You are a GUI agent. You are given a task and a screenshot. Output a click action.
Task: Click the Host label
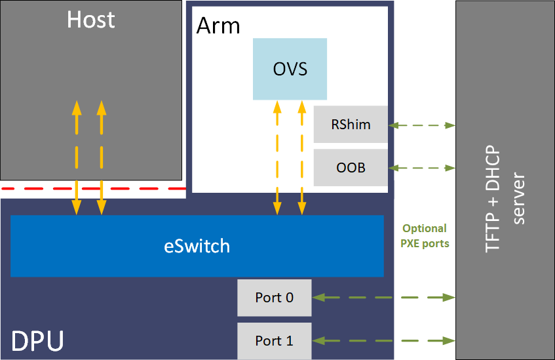tap(90, 20)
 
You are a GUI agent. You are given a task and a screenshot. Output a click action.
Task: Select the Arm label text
tap(218, 26)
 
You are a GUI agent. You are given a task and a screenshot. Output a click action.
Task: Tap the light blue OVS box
tap(290, 69)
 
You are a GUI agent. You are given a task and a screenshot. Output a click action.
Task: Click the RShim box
tap(351, 125)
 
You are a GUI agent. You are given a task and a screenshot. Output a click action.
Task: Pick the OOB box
tap(351, 168)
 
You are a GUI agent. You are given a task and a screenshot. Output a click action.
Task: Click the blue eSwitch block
tap(197, 246)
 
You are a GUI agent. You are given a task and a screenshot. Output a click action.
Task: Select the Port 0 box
tap(274, 298)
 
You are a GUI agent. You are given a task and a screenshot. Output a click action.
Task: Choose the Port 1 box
tap(274, 340)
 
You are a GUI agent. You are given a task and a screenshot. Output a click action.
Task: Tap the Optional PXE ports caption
tap(425, 236)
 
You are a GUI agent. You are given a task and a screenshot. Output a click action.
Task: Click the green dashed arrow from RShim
tap(422, 125)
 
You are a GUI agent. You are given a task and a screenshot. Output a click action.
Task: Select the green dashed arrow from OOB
tap(422, 168)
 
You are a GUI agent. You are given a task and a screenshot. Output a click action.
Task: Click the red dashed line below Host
tap(92, 189)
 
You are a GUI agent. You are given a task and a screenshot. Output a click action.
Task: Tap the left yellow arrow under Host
tap(77, 157)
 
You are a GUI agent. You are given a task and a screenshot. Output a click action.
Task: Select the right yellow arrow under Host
tap(101, 157)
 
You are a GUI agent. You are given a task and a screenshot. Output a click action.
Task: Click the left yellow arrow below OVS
tap(277, 157)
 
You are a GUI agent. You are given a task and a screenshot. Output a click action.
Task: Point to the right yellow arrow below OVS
tap(301, 157)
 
